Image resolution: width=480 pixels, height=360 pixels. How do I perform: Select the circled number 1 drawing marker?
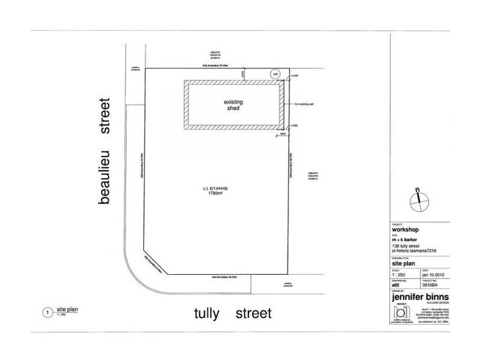click(x=45, y=312)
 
